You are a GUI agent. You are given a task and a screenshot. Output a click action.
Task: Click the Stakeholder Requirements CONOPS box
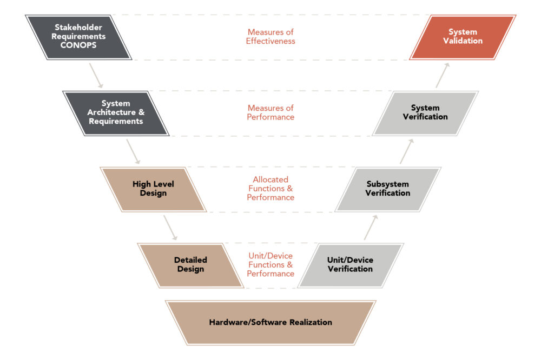[78, 37]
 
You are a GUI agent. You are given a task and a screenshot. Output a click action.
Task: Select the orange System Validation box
[462, 37]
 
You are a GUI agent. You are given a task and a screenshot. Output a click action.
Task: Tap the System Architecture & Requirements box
[115, 112]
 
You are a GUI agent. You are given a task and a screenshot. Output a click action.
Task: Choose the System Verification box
[425, 112]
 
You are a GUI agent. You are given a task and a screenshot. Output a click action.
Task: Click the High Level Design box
[153, 189]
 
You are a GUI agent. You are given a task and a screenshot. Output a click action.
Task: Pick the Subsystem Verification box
[387, 189]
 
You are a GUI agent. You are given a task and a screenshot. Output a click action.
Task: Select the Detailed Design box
[190, 264]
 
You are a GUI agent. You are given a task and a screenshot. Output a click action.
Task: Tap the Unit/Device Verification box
[350, 264]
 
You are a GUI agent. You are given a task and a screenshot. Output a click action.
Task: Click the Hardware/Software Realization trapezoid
[270, 322]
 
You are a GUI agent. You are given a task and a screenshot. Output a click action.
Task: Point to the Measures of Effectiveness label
[270, 37]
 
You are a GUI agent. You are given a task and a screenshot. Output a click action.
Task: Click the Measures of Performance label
[270, 112]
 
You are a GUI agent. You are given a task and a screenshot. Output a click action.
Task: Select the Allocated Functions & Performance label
[270, 189]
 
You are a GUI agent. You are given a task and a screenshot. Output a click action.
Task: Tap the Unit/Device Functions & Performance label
[270, 264]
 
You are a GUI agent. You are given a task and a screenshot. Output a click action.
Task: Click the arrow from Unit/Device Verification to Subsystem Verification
[371, 227]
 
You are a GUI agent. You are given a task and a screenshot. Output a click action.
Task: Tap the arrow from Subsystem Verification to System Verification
[407, 151]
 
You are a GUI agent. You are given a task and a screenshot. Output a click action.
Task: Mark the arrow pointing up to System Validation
[444, 75]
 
